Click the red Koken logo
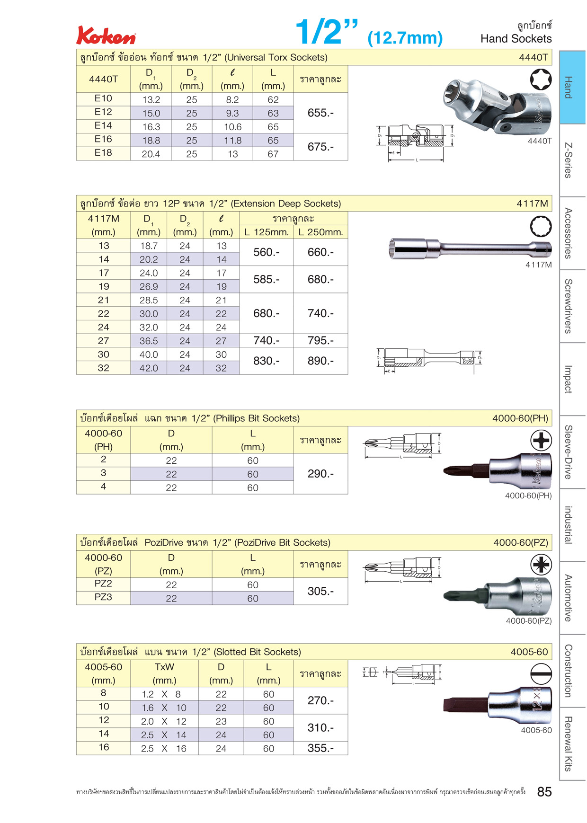coord(106,35)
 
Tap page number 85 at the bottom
coord(544,792)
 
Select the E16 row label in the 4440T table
coord(103,139)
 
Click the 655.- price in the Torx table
coord(320,113)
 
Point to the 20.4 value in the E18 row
coord(151,154)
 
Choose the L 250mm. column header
coord(320,232)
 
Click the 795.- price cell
coord(320,340)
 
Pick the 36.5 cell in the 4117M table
coord(149,341)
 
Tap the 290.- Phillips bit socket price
coord(320,474)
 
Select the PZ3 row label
coord(103,597)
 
